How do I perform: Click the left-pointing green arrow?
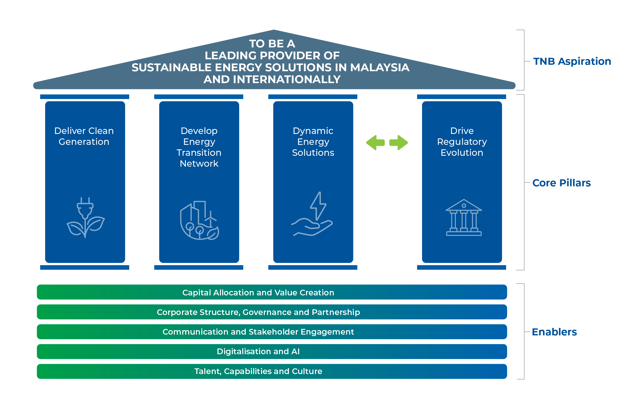[375, 143]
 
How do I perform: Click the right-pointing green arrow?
[399, 143]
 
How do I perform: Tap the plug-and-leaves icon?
[86, 217]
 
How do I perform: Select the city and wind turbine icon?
[199, 220]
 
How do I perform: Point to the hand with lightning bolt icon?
[312, 214]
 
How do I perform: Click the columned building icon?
[464, 218]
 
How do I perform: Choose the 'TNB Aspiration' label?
[572, 61]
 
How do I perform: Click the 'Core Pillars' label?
[561, 183]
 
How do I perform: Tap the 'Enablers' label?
[554, 332]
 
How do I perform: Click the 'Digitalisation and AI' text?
[258, 351]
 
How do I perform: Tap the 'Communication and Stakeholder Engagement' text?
[258, 332]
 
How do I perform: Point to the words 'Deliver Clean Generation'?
[84, 136]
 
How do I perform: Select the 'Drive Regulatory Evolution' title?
[462, 142]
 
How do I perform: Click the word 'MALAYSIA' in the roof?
[380, 67]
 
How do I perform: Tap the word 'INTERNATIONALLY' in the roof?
[287, 79]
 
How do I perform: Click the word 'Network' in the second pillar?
[199, 163]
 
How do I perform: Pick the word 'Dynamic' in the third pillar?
[313, 131]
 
